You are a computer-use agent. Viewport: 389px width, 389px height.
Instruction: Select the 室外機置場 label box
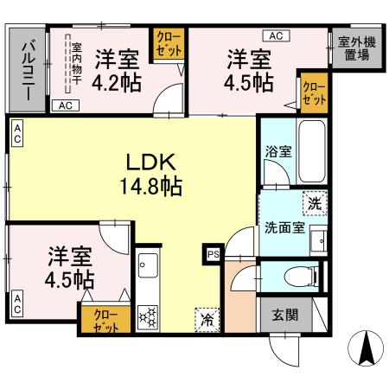[354, 48]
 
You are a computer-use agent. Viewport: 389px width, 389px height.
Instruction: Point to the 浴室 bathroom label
[277, 150]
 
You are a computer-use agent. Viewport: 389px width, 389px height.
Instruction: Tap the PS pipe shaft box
[211, 255]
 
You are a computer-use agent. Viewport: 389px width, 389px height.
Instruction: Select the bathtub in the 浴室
[312, 151]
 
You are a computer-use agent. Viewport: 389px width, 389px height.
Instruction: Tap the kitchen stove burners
[147, 317]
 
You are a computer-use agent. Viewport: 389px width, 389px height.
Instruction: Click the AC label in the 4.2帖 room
[63, 105]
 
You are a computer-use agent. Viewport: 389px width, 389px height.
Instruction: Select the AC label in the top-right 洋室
[277, 35]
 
